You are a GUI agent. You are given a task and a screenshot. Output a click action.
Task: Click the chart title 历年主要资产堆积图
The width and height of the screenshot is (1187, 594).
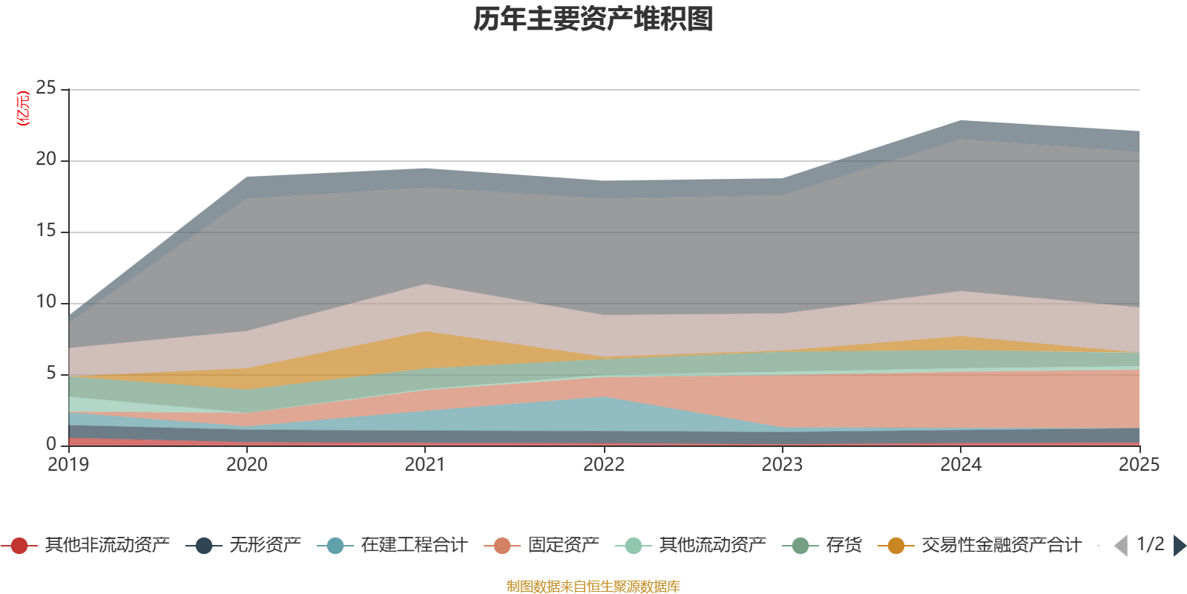pos(593,19)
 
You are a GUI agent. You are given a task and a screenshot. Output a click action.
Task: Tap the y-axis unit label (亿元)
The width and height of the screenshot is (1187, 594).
pos(23,108)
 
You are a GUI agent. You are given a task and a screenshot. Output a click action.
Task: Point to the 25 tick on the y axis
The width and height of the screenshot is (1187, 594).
pos(46,88)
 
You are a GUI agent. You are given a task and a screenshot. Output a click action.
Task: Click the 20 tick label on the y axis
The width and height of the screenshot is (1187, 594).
pos(46,159)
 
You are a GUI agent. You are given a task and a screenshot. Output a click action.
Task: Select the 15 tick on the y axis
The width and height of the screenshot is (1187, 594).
pos(46,230)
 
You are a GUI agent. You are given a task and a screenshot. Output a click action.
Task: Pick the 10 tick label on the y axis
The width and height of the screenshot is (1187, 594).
pos(46,301)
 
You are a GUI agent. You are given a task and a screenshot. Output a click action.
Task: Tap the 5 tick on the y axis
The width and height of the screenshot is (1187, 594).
pos(51,373)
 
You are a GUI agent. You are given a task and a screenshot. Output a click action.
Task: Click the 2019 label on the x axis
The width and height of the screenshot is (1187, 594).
pos(68,464)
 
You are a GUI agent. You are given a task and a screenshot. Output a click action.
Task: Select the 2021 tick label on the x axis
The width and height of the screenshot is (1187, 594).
pos(425,464)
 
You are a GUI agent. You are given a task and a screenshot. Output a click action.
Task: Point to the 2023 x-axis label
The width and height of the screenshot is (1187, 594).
pos(782,464)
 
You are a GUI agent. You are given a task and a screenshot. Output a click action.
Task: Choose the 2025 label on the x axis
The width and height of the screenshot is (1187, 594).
pos(1140,464)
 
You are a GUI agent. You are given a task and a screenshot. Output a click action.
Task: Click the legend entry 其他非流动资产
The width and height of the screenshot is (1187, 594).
pos(85,545)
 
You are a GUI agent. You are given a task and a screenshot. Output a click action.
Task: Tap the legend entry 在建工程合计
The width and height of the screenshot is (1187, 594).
pos(392,545)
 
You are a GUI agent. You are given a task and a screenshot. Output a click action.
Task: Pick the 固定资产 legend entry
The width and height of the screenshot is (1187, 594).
pos(542,545)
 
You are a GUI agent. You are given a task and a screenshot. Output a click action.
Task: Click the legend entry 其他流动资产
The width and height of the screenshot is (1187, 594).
pos(691,545)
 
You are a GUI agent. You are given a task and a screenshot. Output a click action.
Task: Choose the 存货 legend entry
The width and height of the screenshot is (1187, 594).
pos(823,545)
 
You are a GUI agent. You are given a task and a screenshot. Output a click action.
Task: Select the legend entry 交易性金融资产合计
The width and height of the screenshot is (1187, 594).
pos(980,545)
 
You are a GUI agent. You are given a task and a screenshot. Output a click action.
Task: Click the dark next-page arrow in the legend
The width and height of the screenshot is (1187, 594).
pos(1180,545)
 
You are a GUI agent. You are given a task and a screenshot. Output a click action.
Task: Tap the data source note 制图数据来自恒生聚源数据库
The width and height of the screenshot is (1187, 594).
pos(593,586)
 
